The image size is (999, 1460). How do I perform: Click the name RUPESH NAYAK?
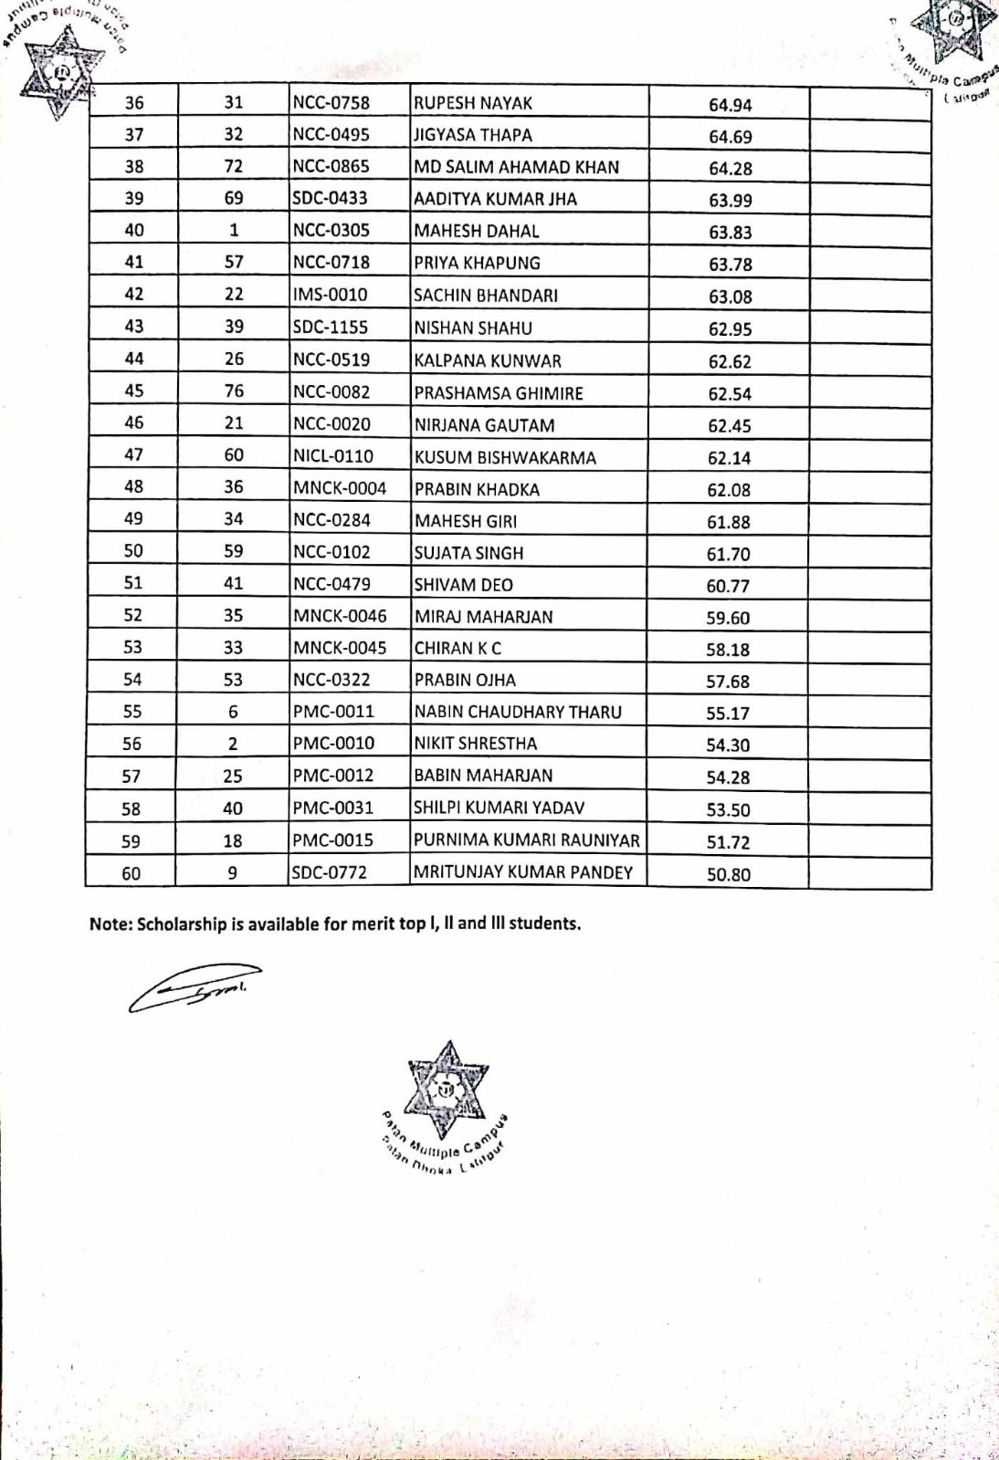coord(473,103)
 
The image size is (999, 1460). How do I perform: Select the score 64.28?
coord(730,169)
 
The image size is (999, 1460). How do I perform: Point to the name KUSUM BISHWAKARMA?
coord(505,457)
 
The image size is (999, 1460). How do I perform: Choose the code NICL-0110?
coord(333,455)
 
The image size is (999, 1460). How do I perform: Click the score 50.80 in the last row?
coord(728,874)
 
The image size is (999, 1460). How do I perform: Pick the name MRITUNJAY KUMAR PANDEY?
coord(523,872)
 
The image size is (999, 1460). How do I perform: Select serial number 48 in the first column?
coord(133,486)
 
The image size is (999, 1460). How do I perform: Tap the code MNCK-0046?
coord(340,616)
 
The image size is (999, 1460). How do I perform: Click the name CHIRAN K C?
coord(457,648)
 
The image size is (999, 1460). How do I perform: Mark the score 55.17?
coord(728,714)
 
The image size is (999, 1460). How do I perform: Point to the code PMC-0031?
coord(333,808)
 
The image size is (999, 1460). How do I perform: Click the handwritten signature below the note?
coord(195,987)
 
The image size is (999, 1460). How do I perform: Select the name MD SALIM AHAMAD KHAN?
coord(517,167)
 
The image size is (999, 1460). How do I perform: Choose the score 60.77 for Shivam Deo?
coord(728,586)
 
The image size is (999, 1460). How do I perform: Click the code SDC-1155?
coord(330,328)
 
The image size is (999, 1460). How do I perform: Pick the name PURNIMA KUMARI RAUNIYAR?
coord(527,839)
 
